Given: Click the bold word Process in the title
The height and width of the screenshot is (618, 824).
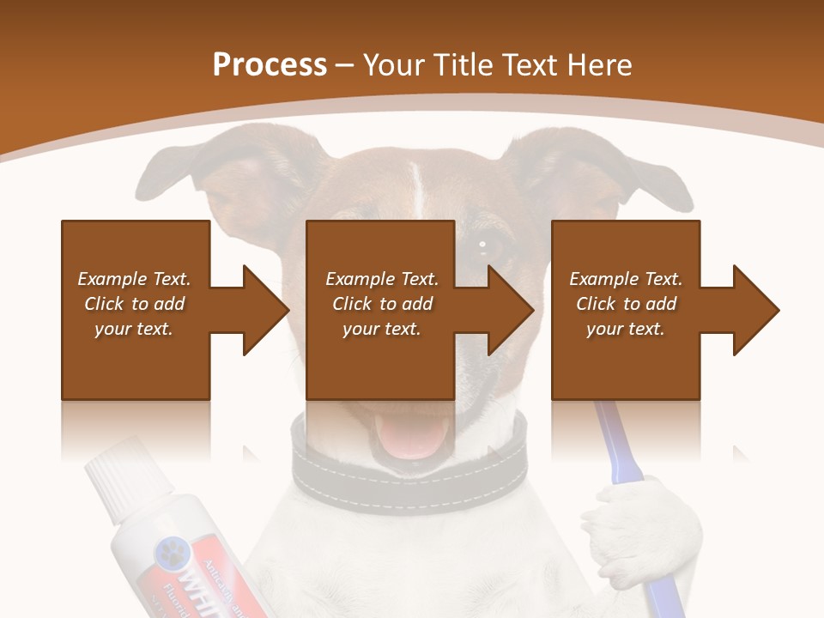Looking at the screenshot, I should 270,65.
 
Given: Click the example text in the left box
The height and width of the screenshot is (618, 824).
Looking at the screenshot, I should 134,304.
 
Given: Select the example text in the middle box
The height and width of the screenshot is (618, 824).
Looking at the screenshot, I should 382,304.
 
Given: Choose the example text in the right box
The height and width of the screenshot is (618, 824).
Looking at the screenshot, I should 626,304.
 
